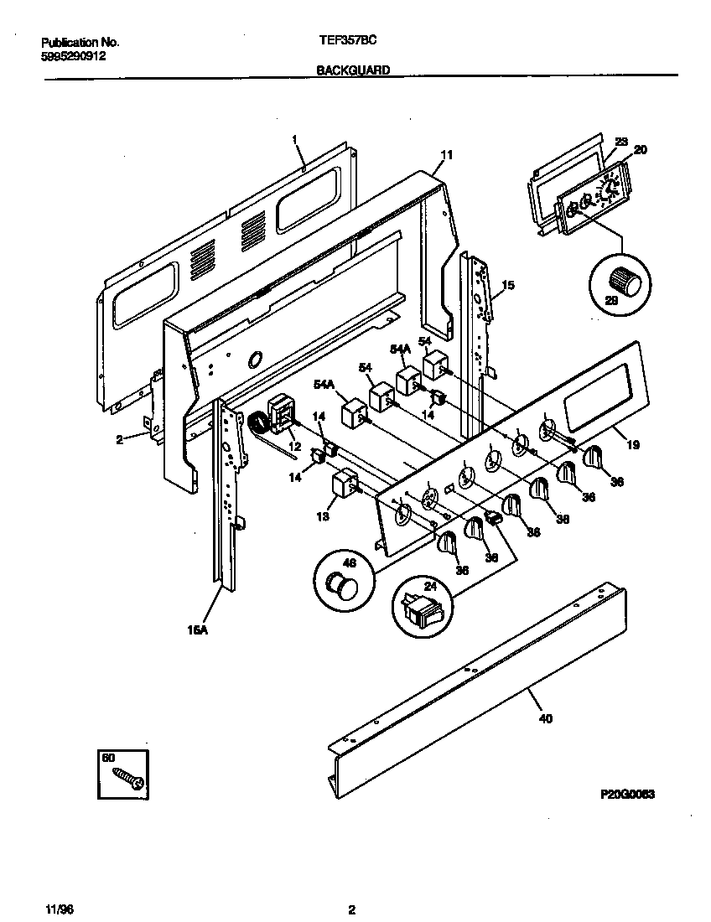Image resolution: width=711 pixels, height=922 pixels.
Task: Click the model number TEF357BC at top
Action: pos(343,40)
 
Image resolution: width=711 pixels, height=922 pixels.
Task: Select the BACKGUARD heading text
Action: pos(353,71)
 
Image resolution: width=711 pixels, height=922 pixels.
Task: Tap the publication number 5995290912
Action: pos(73,56)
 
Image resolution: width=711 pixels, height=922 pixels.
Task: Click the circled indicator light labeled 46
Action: pos(343,585)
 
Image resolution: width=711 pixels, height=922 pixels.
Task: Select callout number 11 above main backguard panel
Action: pos(447,154)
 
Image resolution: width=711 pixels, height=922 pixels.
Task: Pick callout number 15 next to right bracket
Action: pos(507,287)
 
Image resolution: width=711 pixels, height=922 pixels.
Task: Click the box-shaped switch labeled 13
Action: pos(345,486)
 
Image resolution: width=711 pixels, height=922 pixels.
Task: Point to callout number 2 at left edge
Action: pos(119,438)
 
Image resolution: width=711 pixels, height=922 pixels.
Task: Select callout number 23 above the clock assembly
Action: pos(620,142)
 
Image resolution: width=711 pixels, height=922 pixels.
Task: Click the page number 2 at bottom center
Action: pos(352,909)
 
